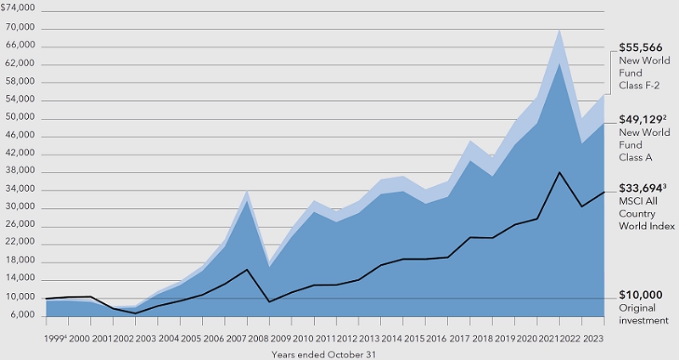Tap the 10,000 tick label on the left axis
[22, 297]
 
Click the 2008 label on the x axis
[257, 338]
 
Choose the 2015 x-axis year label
[413, 338]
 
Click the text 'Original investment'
[644, 313]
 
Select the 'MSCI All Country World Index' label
[647, 215]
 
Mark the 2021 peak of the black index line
[559, 172]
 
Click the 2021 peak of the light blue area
[559, 30]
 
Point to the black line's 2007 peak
[247, 269]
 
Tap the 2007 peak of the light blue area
[247, 190]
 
